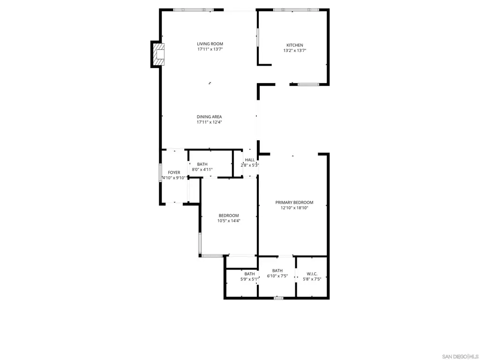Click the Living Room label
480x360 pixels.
point(210,44)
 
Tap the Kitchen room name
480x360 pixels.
point(295,45)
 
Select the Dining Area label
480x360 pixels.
point(210,117)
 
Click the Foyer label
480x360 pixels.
point(174,172)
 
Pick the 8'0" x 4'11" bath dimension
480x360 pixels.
point(202,169)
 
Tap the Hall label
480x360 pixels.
point(250,160)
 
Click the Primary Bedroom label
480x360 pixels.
point(294,202)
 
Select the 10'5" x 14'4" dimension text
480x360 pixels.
point(229,220)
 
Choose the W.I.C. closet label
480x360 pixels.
point(312,274)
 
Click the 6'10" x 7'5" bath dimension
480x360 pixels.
point(277,276)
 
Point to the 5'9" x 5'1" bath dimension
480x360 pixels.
point(249,279)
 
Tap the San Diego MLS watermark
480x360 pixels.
point(460,357)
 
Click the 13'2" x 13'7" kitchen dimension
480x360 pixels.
point(295,51)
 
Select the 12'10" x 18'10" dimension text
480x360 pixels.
point(294,208)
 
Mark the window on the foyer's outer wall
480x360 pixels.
point(160,173)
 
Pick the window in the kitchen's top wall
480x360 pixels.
point(296,10)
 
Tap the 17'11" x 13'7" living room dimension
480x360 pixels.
point(210,49)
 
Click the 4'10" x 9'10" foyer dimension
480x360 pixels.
point(174,178)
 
